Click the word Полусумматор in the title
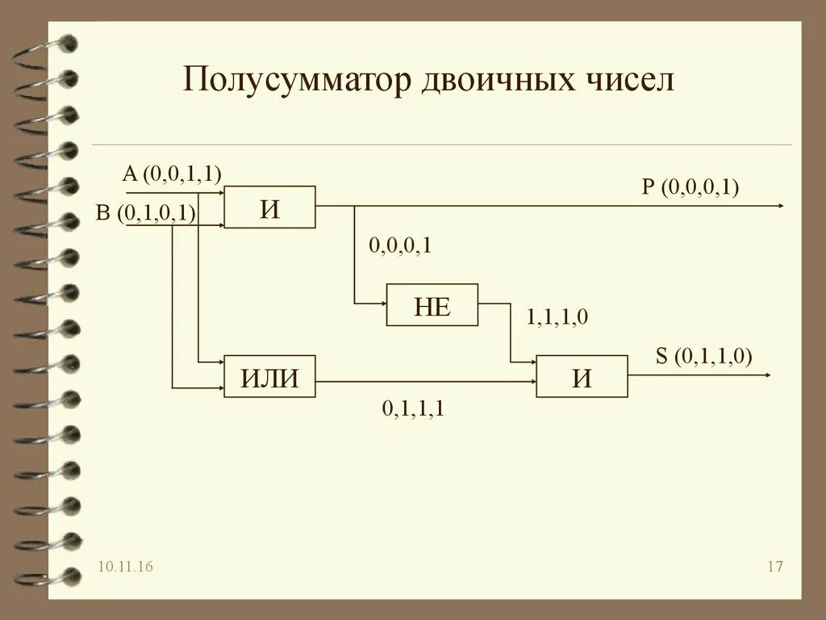298,82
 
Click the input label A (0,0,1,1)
172,173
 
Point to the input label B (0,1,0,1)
157,213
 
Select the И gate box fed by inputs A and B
269,207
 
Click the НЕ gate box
432,304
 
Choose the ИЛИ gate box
269,376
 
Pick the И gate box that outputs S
582,376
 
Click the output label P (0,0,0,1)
690,187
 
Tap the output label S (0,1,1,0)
703,356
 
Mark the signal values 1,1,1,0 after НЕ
557,317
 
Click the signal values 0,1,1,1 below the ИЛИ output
414,409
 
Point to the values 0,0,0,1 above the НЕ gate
401,245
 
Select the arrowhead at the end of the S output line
767,375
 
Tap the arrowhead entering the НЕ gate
382,304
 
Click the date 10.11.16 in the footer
125,568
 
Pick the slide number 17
775,568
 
